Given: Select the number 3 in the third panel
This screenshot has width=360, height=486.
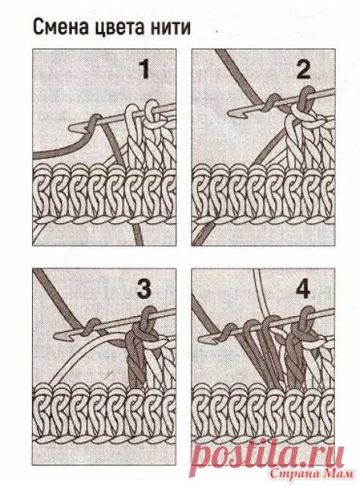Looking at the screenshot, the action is coord(144,289).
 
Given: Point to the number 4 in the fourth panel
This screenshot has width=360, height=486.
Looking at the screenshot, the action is coord(303,289).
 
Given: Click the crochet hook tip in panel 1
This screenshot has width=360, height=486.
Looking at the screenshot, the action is coord(70,128).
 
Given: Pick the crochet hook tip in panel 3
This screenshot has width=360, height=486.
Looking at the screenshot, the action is coord(56,336).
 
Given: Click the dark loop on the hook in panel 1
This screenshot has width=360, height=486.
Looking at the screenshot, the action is coord(92,123).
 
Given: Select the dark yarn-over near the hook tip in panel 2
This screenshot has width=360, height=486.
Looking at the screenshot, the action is coord(271,103).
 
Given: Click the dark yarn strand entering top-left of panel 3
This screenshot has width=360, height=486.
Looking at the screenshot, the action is coord(57,298).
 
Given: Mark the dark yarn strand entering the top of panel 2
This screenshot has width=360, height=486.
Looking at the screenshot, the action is coord(239,75).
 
